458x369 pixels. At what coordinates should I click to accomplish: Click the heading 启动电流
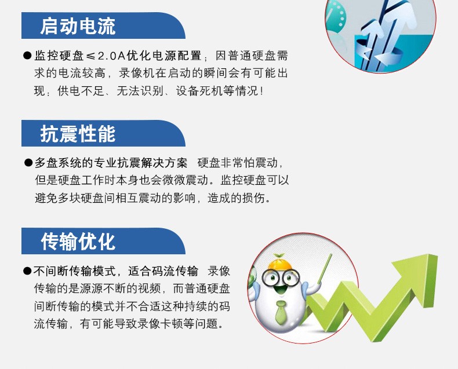coord(78,26)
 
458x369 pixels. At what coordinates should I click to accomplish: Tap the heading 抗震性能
coord(78,134)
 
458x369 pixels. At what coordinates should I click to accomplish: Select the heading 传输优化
coord(78,242)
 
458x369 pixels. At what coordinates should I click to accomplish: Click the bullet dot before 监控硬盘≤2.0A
coord(27,56)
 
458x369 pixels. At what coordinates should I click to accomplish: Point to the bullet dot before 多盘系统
coord(28,163)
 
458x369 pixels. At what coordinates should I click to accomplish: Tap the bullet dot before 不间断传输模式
coord(27,271)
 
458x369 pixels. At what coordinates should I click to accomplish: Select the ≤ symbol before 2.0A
coord(90,56)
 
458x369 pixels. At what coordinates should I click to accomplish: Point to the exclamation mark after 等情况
coord(261,91)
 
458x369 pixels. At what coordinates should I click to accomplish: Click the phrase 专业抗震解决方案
coord(140,163)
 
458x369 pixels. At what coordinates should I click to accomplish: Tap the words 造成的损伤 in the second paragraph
coord(236,198)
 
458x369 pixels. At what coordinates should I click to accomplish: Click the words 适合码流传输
coord(163,271)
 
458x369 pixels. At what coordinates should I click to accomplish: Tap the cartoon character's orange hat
coord(280,262)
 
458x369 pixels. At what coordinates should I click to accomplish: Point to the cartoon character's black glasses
coord(281,277)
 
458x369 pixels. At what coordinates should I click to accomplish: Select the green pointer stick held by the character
coord(325,268)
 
